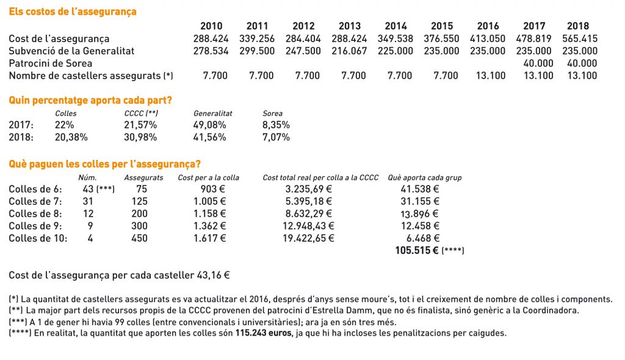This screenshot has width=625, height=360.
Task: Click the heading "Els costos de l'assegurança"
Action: click(x=73, y=12)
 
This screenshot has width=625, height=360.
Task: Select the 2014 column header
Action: click(x=396, y=26)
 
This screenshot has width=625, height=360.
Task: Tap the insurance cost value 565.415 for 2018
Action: click(x=580, y=38)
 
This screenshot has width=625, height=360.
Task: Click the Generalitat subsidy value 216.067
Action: click(x=349, y=51)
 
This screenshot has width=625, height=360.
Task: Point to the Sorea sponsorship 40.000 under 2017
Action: click(x=538, y=63)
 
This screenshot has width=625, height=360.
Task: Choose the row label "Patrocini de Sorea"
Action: click(x=50, y=63)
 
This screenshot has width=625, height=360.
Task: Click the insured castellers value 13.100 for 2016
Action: click(x=490, y=76)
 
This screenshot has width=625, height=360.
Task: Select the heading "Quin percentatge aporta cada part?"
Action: click(x=90, y=100)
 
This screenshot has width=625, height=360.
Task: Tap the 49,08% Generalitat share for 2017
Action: click(x=209, y=125)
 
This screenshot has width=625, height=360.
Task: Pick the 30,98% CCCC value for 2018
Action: click(x=140, y=137)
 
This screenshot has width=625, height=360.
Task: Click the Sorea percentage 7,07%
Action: click(x=276, y=137)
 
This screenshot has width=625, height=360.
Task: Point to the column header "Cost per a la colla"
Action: click(x=209, y=178)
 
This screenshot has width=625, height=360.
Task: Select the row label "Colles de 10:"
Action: click(x=38, y=239)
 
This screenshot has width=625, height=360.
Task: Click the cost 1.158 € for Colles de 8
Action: click(x=210, y=214)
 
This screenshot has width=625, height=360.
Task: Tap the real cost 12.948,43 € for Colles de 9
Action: click(x=308, y=226)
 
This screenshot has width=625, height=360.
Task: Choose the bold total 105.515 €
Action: click(x=416, y=250)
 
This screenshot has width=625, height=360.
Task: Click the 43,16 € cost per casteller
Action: click(x=213, y=275)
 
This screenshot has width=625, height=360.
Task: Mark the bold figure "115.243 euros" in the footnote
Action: click(x=264, y=333)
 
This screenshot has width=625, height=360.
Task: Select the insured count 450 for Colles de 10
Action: click(x=140, y=239)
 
